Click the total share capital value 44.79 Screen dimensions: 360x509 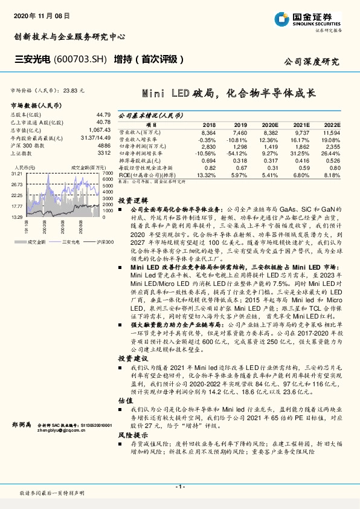[103, 114]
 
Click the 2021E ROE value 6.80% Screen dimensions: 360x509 [301, 175]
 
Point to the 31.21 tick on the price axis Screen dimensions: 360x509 [16, 173]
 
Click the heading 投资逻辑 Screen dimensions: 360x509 [131, 199]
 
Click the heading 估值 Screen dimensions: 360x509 [125, 400]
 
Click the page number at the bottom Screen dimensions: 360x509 [180, 487]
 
